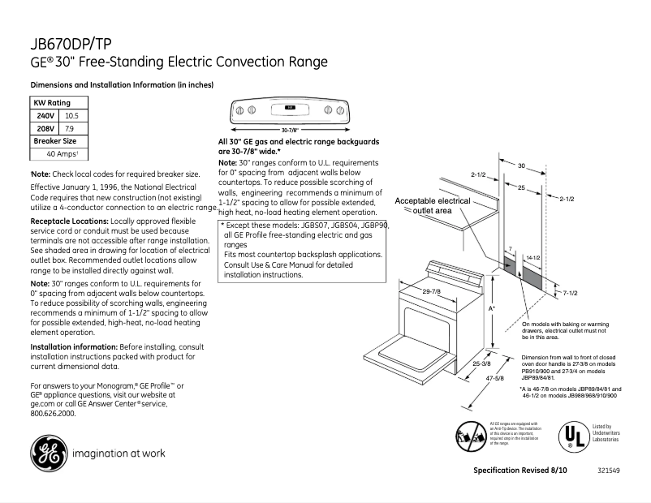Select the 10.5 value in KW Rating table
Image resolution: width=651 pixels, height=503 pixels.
70,116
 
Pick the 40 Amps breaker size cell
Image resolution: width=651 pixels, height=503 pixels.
61,153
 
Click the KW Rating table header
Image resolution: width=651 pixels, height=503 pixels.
51,103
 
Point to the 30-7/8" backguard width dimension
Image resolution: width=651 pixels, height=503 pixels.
291,130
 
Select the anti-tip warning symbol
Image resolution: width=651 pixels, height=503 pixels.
471,436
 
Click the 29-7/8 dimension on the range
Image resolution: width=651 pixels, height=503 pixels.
432,291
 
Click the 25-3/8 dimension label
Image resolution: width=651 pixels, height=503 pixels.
481,366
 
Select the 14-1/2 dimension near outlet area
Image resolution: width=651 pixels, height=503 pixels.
533,257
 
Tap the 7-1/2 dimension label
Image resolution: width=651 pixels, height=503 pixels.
571,291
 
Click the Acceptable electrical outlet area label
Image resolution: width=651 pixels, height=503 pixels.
432,205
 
